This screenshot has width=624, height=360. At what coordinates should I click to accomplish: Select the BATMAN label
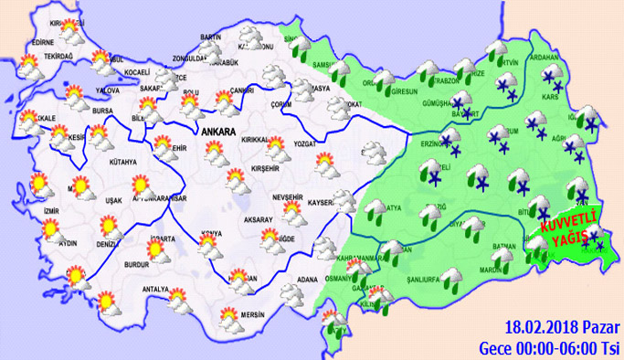(504, 246)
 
